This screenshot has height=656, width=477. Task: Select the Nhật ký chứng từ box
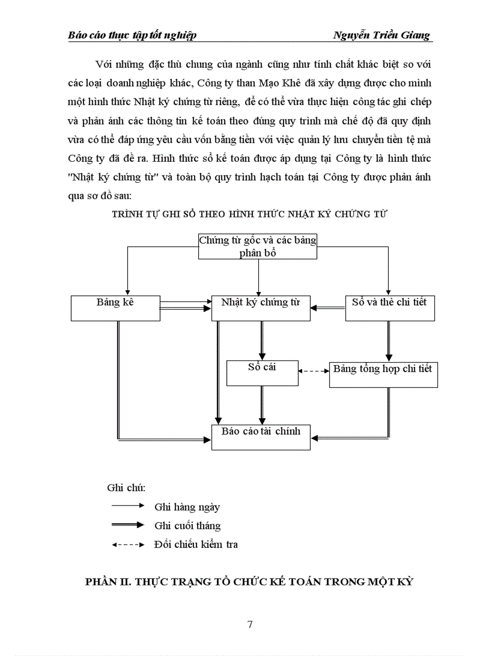(x=260, y=308)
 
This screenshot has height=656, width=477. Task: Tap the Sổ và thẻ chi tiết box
(x=390, y=308)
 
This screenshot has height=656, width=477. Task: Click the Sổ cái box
(x=262, y=373)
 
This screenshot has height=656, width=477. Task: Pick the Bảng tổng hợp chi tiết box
(x=383, y=374)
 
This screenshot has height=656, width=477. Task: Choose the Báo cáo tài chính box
(x=261, y=437)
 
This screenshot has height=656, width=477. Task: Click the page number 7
(x=250, y=624)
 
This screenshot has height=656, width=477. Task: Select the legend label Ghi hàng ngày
(x=187, y=507)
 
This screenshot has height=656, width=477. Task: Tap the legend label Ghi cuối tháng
(x=188, y=526)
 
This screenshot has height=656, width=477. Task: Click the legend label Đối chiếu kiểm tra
(x=196, y=544)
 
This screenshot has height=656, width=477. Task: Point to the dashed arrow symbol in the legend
(x=127, y=544)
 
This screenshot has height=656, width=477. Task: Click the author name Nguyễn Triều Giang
(x=381, y=35)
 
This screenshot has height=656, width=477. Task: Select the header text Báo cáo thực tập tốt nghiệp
(x=132, y=35)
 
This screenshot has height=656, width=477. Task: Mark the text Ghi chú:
(x=126, y=488)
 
